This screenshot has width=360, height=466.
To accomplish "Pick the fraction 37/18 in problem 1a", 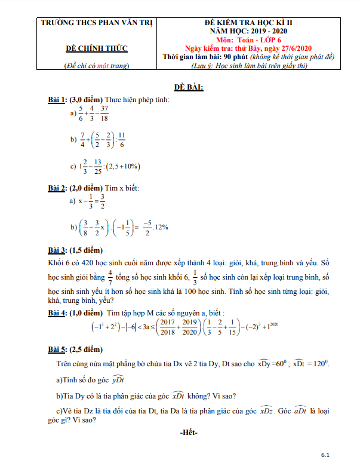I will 104,113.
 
